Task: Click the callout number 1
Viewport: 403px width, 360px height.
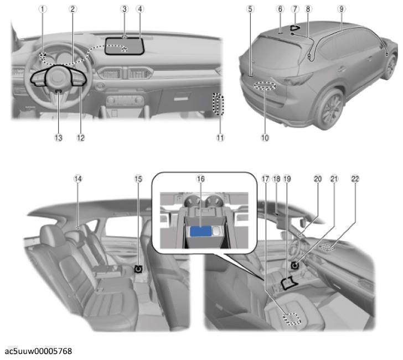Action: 43,9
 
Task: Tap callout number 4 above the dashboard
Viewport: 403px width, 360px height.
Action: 140,9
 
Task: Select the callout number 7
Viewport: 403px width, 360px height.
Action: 295,9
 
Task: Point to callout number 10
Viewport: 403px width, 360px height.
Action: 265,138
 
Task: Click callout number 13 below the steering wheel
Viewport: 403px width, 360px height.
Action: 58,138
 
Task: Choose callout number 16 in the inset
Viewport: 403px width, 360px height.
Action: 200,179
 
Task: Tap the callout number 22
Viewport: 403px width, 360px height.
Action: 355,179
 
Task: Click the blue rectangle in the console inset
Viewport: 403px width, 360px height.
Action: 201,231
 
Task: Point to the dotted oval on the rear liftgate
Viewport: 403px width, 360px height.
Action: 265,86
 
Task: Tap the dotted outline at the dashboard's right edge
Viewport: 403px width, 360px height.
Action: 218,104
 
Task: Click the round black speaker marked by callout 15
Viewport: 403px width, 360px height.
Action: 138,269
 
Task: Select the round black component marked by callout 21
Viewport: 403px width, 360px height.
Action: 294,265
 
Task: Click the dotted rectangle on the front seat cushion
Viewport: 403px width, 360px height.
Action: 292,319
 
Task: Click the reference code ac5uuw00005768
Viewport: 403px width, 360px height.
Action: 39,351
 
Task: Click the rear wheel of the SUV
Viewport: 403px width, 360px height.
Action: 331,109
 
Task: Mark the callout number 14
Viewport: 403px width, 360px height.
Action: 78,179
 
